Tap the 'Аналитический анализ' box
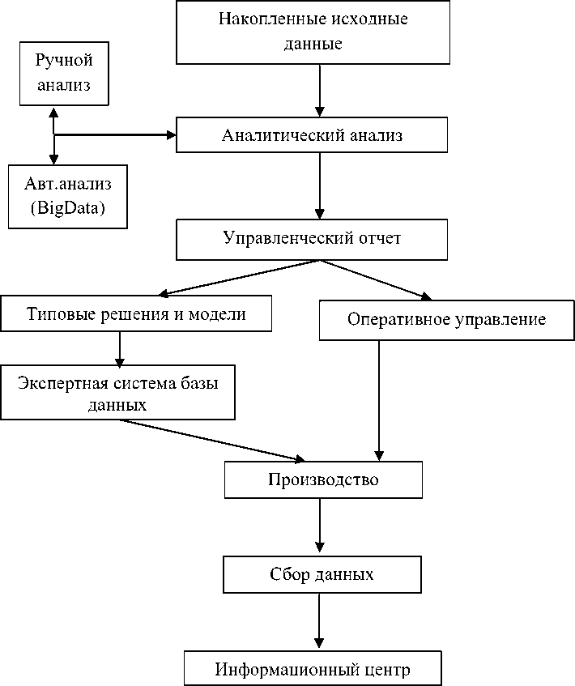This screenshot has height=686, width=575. tap(312, 135)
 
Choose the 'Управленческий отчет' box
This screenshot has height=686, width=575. tap(312, 241)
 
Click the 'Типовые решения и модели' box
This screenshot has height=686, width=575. tap(136, 314)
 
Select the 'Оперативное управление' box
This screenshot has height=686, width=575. tap(446, 319)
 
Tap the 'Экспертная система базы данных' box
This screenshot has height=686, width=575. tap(117, 393)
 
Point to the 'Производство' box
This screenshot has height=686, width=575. tap(323, 480)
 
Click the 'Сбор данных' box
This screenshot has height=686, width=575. tap(322, 575)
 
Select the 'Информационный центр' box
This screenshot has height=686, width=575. tap(313, 669)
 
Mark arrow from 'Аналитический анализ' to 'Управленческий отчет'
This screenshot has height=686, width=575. tap(321, 186)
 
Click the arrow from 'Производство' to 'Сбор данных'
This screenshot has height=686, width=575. tap(321, 526)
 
